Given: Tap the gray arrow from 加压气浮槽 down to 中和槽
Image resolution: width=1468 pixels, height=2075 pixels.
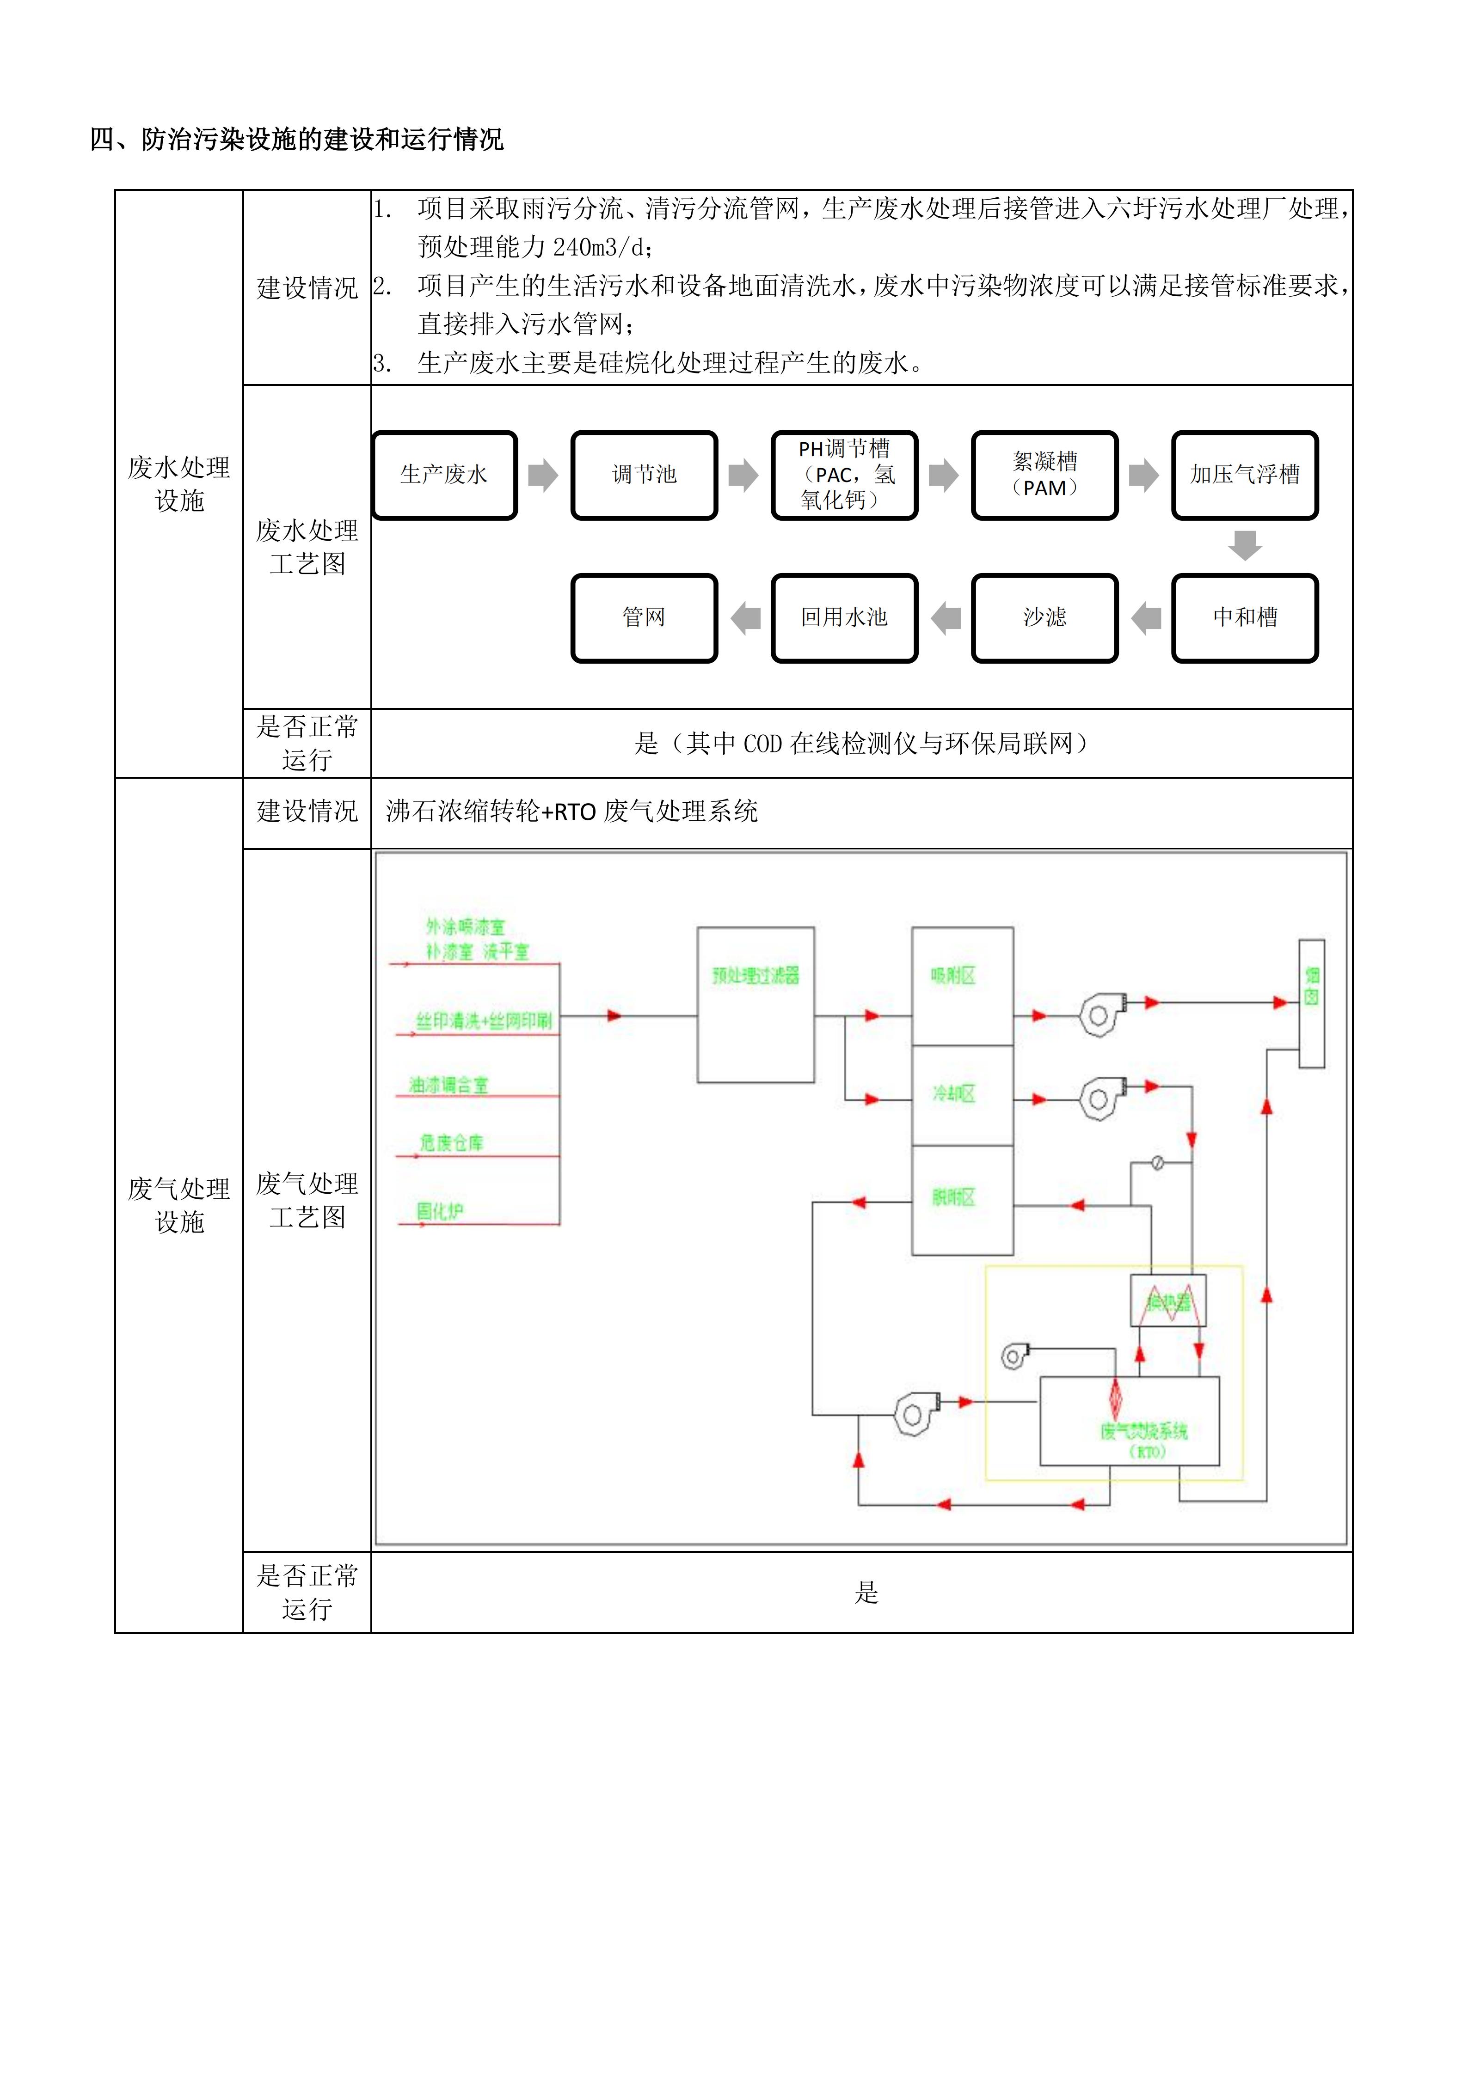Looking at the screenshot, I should pyautogui.click(x=1245, y=545).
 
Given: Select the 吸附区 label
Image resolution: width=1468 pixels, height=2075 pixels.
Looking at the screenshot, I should pyautogui.click(x=954, y=976).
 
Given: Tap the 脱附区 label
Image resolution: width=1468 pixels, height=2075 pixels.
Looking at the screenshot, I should pyautogui.click(x=954, y=1198).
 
